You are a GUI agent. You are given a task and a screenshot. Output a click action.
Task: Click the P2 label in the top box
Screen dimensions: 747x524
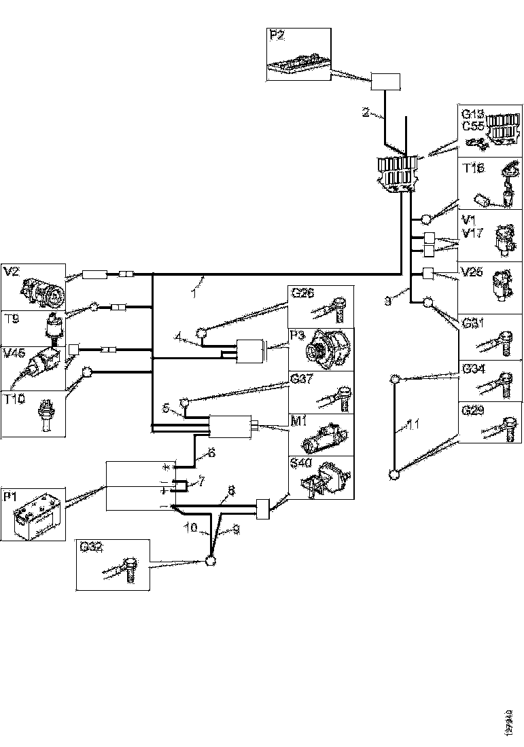click(x=277, y=35)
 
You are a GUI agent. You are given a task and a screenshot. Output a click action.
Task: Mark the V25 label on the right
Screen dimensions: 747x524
click(x=472, y=272)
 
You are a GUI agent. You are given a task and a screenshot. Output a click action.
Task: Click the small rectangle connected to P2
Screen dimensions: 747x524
click(x=385, y=83)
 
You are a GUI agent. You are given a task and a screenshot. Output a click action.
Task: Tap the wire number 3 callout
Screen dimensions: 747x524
click(x=387, y=302)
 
